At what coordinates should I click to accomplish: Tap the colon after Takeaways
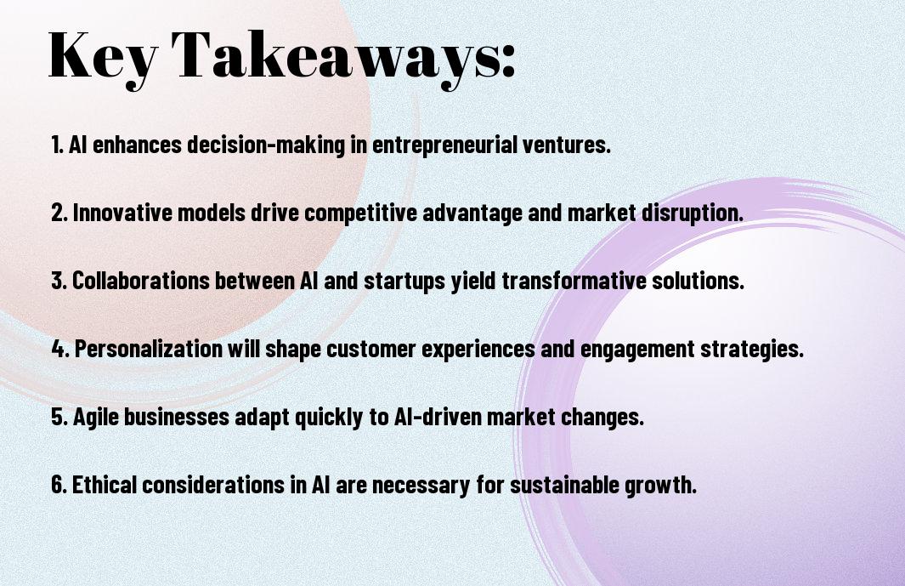[x=508, y=60]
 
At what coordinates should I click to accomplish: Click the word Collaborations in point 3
[x=140, y=281]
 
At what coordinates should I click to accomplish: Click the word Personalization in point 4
[x=149, y=349]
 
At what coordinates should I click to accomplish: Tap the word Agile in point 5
[x=96, y=418]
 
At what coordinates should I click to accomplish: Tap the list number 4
[x=59, y=349]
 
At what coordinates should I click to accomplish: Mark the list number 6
[x=58, y=484]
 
